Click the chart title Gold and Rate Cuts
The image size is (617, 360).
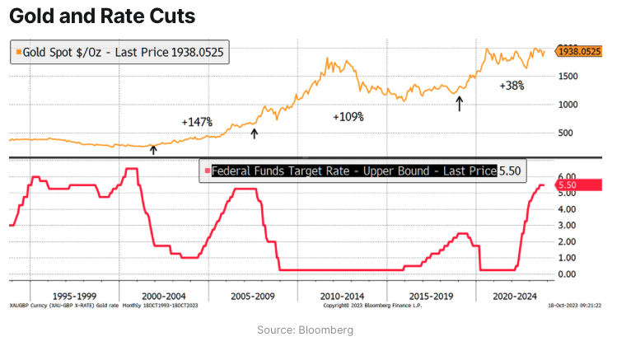(102, 16)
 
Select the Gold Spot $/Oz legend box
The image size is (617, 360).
(119, 52)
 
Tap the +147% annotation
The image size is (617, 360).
(198, 122)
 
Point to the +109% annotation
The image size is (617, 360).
(348, 117)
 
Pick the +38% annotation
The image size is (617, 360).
(512, 85)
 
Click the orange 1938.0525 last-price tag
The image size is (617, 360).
(579, 51)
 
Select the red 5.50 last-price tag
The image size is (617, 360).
(579, 185)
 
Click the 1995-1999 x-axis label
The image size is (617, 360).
(74, 295)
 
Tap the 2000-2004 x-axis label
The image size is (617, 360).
(163, 295)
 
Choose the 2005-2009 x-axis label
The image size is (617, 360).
(253, 295)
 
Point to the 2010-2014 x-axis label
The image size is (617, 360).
(342, 295)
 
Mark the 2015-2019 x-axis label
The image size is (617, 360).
(431, 295)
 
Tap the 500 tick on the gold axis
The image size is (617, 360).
(567, 133)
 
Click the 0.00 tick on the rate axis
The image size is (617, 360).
(568, 274)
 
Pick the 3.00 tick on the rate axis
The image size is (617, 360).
(568, 225)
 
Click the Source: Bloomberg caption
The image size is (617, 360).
(306, 330)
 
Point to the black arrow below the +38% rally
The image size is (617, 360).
(460, 102)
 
